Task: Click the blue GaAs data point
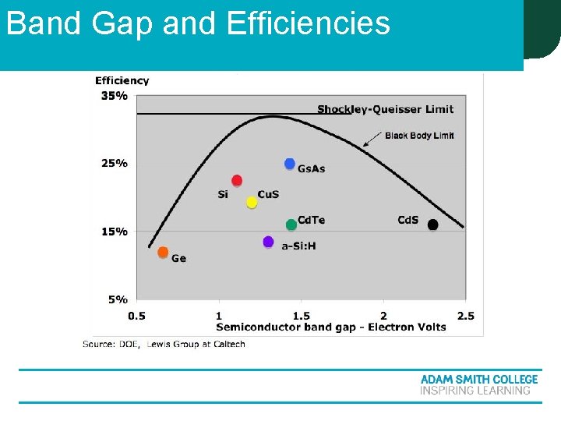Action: click(x=290, y=164)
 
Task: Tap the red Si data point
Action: click(x=237, y=181)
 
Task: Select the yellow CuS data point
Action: click(x=252, y=203)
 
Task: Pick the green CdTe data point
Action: click(x=291, y=225)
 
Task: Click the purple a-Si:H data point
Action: click(x=268, y=242)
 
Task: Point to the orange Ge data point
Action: click(x=163, y=252)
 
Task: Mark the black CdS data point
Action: click(x=433, y=225)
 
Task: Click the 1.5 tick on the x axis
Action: click(x=301, y=316)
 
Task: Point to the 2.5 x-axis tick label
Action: click(x=465, y=316)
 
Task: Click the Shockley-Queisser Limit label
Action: click(x=385, y=109)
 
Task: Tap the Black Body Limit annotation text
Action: click(x=419, y=136)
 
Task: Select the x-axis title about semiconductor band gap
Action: click(x=331, y=327)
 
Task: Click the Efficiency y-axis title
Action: click(x=122, y=80)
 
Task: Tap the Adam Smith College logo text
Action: click(x=478, y=380)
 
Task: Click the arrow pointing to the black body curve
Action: click(x=372, y=140)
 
